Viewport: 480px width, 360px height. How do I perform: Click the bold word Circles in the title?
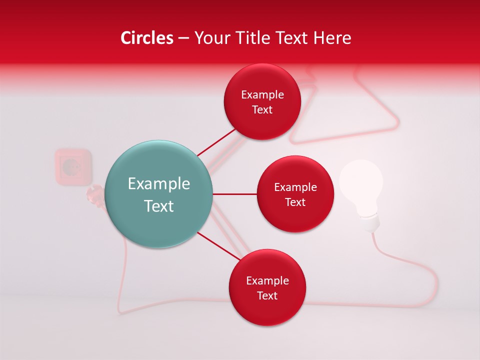click(146, 38)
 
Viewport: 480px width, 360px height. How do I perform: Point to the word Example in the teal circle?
click(159, 184)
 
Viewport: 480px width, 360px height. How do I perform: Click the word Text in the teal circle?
click(159, 206)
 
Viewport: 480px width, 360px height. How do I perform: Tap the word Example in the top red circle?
click(262, 95)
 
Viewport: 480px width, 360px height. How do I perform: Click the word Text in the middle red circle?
click(295, 202)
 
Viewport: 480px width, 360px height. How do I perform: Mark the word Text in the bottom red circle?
click(267, 295)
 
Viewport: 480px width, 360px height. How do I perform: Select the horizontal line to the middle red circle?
click(234, 194)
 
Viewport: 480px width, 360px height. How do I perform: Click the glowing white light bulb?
click(361, 182)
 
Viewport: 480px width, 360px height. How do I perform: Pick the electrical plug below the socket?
click(93, 193)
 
